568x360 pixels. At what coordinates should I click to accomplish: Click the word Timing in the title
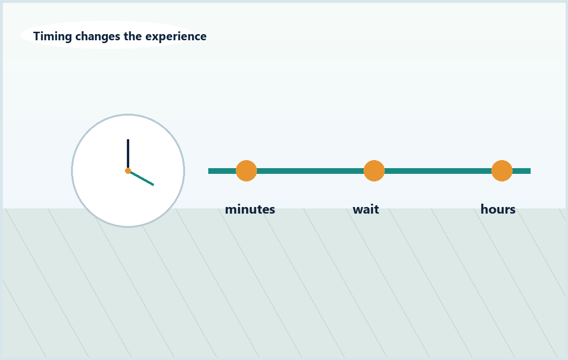coord(53,36)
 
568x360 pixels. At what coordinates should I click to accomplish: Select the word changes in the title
coord(98,36)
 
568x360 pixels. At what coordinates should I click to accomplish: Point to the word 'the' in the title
coord(133,36)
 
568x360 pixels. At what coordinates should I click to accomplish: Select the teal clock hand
coord(141,178)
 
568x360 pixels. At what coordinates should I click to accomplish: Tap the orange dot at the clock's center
coord(128,171)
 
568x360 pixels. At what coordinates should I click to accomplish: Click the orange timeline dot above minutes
coord(246,171)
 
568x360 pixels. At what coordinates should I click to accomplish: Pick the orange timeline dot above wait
coord(374,171)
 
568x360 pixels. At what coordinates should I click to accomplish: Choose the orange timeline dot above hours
coord(502,171)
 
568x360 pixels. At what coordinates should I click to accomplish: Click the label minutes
coord(250,209)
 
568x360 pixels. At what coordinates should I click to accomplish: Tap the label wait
coord(365,209)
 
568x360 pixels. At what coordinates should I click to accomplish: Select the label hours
coord(498,209)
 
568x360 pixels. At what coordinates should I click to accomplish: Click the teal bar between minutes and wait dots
coord(310,171)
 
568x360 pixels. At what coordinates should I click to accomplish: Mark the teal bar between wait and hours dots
coord(438,171)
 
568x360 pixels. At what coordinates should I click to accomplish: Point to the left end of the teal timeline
coord(209,171)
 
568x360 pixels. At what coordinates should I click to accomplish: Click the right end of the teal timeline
coord(530,171)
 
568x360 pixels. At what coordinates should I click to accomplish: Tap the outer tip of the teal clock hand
coord(154,185)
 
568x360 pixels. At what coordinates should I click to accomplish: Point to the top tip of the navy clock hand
coord(128,139)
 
